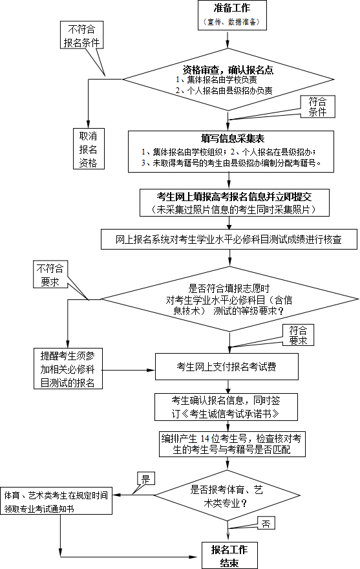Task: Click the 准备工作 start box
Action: (232, 15)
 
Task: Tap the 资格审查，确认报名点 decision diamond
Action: (229, 80)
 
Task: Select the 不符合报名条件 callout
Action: (82, 35)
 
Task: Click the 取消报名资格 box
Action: (88, 149)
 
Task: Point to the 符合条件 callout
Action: (317, 107)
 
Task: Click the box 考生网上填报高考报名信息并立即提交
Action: (235, 202)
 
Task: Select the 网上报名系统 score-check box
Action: (229, 239)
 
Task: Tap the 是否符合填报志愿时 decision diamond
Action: (229, 299)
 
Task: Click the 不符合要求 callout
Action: (50, 275)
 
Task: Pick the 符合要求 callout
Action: (298, 335)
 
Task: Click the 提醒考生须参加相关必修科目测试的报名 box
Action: (69, 369)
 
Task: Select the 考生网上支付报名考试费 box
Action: (227, 367)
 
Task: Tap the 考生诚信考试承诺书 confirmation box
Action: (226, 407)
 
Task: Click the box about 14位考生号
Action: (232, 444)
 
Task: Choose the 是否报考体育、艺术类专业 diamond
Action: (228, 495)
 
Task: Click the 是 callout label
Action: (145, 478)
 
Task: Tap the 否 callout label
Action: (266, 523)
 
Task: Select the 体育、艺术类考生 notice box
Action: (56, 500)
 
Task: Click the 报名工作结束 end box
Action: (229, 555)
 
